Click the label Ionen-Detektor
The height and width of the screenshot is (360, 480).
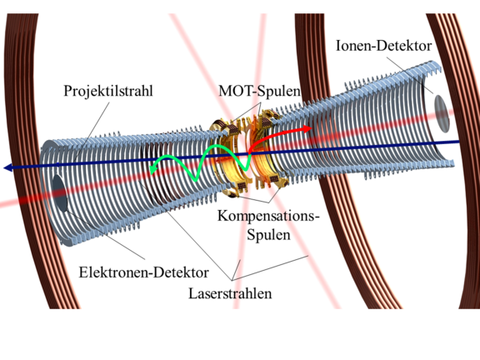click(x=384, y=46)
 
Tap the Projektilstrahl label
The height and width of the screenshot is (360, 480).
click(x=108, y=91)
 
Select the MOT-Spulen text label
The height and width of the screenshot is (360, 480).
click(x=259, y=91)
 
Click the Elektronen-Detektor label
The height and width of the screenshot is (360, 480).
click(x=144, y=272)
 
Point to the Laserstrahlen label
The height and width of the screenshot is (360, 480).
click(x=230, y=293)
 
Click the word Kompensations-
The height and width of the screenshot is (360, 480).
click(x=268, y=216)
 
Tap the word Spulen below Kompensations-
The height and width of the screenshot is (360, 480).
click(x=268, y=235)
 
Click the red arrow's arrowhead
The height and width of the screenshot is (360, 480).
click(x=307, y=128)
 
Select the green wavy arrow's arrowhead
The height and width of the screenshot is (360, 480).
click(x=153, y=167)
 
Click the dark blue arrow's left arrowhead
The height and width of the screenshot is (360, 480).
click(x=8, y=167)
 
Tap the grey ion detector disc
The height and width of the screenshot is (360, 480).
click(x=442, y=113)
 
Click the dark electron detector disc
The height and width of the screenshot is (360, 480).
click(x=59, y=193)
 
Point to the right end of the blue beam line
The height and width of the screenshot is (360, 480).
click(x=459, y=142)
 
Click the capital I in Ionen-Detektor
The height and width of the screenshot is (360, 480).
click(x=338, y=46)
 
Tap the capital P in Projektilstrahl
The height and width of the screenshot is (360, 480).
click(x=67, y=91)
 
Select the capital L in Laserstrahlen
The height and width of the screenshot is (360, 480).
click(x=192, y=293)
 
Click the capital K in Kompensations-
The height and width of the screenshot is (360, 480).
click(x=222, y=216)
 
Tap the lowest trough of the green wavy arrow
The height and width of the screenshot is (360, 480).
click(x=195, y=179)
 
